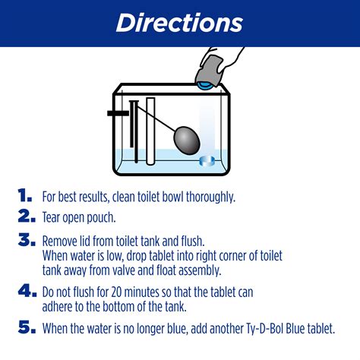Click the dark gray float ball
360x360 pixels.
click(188, 140)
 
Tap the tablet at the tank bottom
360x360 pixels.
click(207, 160)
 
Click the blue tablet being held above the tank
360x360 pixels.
click(206, 87)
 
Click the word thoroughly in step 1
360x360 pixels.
click(206, 197)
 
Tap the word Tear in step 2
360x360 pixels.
click(52, 218)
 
